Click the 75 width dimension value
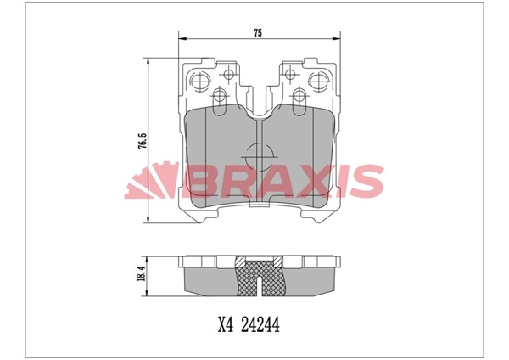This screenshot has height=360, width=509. coord(257,32)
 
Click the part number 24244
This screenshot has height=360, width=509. coord(261,323)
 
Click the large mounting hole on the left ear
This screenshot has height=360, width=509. coord(201,82)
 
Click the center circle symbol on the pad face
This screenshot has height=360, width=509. coord(259,159)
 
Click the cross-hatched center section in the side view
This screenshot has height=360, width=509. coord(259,278)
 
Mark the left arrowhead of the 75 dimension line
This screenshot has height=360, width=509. coord(181,38)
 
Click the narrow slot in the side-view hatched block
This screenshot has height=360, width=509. coord(259,270)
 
